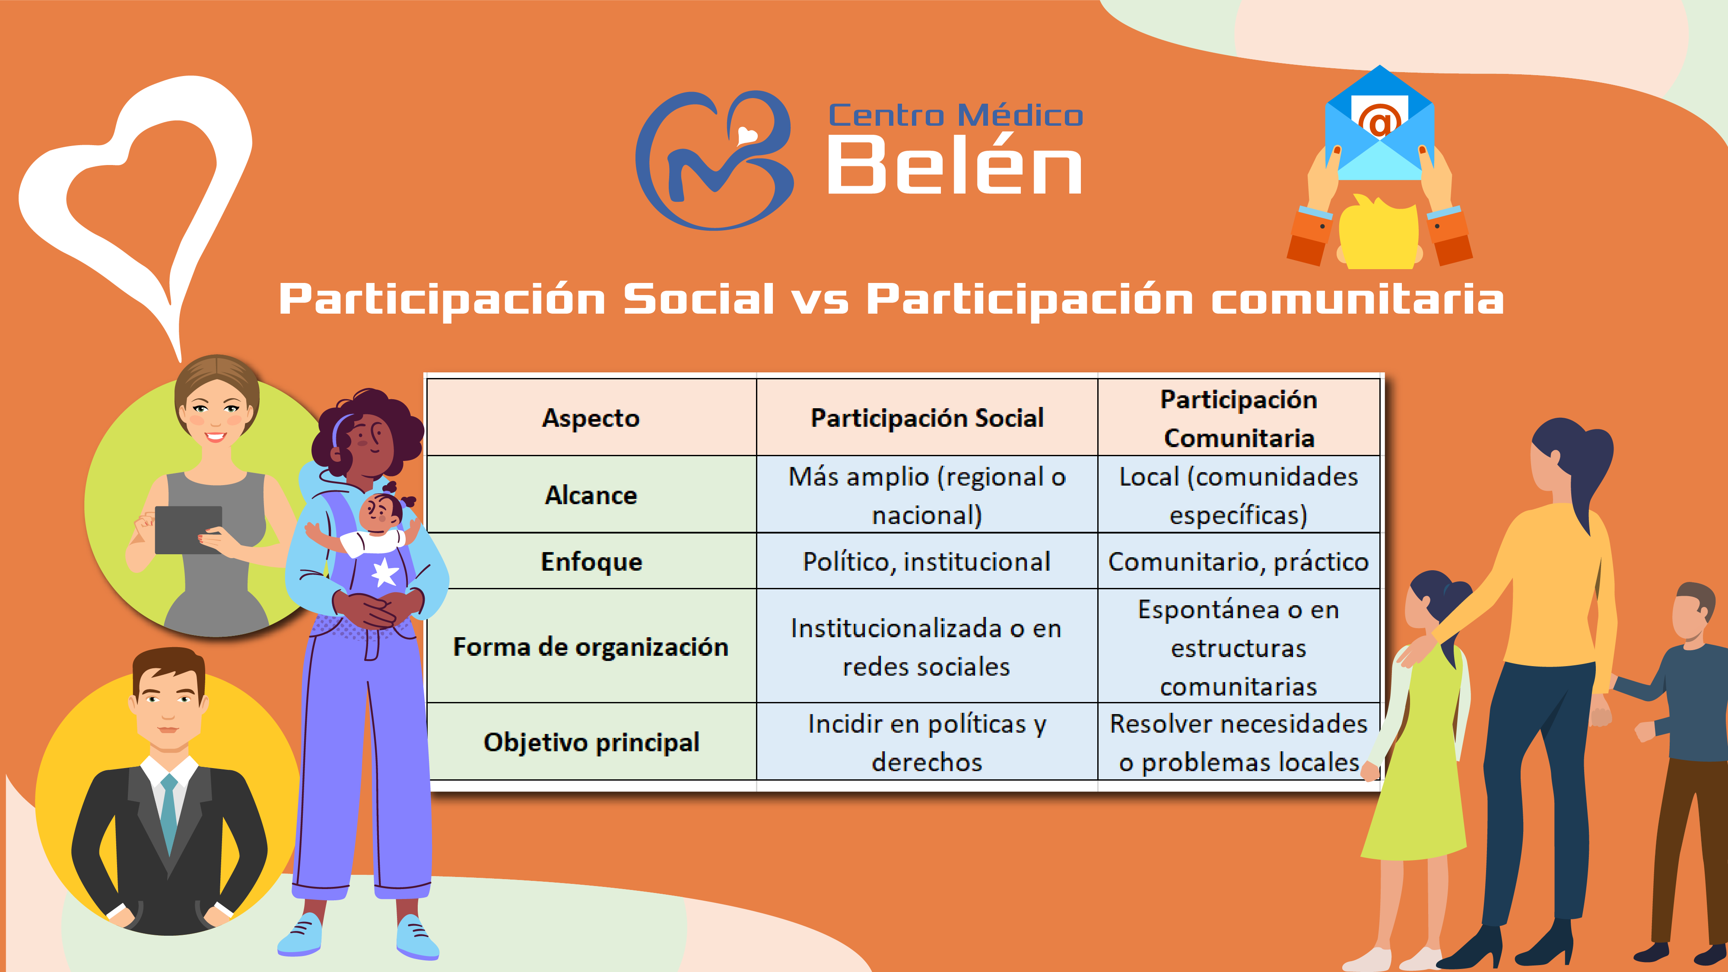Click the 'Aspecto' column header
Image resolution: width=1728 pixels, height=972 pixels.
coord(591,418)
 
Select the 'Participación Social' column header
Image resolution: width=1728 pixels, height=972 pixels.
coord(927,418)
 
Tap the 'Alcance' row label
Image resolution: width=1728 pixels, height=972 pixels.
coord(591,495)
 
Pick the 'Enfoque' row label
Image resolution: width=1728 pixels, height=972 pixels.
coord(591,562)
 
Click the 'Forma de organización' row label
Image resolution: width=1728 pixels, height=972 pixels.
coord(591,647)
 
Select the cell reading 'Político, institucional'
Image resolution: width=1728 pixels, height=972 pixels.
coord(927,562)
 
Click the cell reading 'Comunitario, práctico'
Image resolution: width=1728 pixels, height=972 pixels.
coord(1238,562)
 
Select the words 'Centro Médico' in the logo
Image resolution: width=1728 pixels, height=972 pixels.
coord(955,115)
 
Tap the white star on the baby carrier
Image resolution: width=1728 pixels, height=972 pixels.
coord(385,572)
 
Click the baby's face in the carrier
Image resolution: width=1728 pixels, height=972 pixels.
coord(380,514)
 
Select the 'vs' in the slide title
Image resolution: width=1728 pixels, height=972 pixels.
coord(820,299)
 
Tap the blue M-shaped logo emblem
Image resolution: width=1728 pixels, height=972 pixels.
coord(715,161)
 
